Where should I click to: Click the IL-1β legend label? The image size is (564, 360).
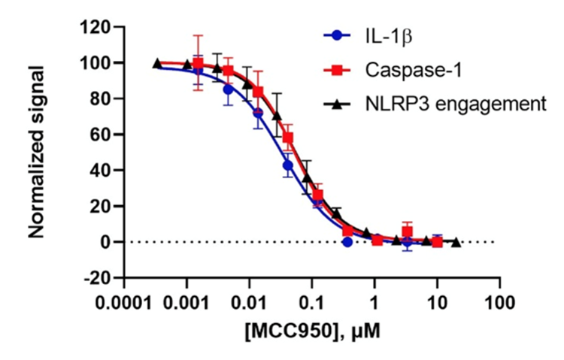[x=383, y=35]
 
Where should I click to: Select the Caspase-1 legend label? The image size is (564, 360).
[x=407, y=70]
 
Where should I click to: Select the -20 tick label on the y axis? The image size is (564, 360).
[x=98, y=277]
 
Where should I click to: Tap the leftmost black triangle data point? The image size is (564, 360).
[x=157, y=64]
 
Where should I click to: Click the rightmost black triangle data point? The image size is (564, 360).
[x=456, y=242]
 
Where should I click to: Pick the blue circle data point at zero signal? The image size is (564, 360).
[x=347, y=242]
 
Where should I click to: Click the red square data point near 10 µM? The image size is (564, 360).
[x=437, y=242]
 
